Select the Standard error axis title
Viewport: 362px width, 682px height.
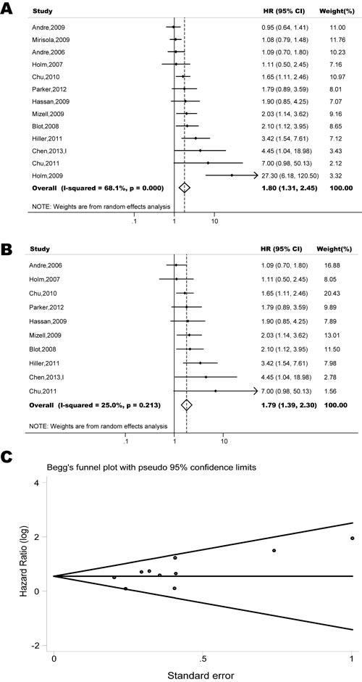click(202, 675)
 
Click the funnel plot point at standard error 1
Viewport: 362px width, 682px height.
click(352, 538)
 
